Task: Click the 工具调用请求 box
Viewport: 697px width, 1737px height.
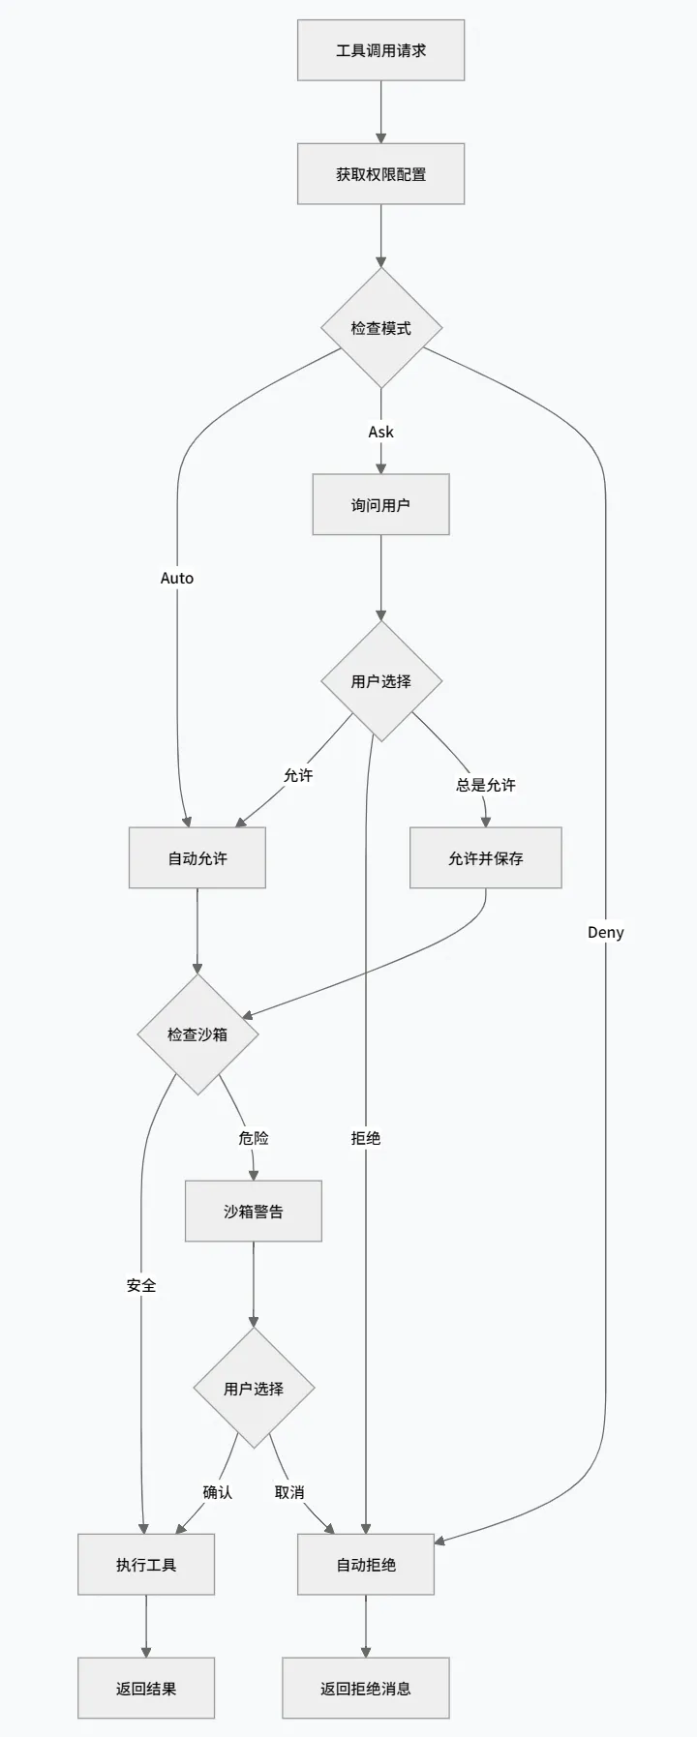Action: point(380,50)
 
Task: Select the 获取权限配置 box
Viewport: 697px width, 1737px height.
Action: point(380,174)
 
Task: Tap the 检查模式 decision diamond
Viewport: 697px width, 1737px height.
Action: point(381,328)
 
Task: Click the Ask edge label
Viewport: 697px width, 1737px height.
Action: point(380,432)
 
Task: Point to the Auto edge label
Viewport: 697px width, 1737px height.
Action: point(177,578)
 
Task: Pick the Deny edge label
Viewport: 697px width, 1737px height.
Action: point(606,932)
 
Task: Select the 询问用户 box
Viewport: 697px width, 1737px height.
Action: point(380,504)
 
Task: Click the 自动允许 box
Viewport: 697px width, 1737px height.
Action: point(197,858)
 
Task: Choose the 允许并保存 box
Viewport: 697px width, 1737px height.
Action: point(485,858)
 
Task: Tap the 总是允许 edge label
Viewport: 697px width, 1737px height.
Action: point(486,785)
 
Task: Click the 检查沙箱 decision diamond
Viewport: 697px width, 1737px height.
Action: point(197,1034)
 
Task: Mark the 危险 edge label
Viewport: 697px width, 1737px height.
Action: point(254,1138)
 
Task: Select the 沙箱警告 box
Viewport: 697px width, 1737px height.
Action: point(254,1212)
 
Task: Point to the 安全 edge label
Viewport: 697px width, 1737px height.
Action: point(141,1285)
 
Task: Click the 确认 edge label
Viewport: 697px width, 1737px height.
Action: point(218,1492)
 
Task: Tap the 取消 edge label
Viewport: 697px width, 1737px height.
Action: point(289,1492)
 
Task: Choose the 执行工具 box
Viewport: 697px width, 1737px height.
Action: point(146,1565)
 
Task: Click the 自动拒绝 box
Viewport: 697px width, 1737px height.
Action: point(366,1565)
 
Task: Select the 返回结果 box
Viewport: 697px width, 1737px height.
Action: point(146,1689)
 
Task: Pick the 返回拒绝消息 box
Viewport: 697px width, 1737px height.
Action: point(366,1689)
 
